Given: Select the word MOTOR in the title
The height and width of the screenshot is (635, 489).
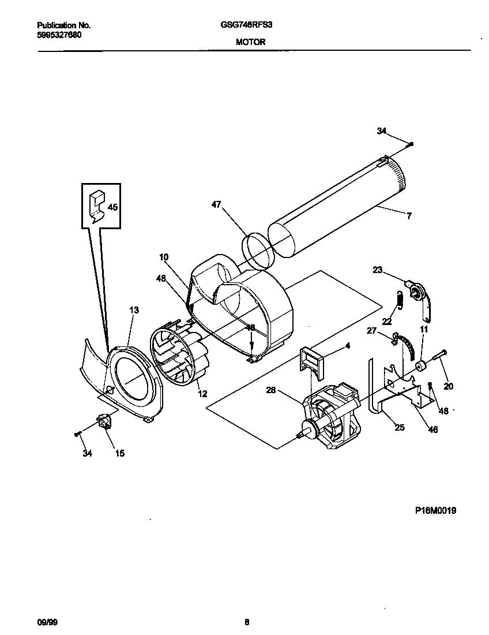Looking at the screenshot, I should point(250,42).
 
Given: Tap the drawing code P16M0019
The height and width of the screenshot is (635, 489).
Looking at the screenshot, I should point(435,510).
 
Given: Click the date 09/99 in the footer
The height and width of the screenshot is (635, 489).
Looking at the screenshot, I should point(46,622).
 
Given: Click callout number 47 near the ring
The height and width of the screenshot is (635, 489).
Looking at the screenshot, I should point(216,204).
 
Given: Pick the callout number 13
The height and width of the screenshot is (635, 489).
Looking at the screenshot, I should point(134,310).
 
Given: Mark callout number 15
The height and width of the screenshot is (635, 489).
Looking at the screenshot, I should point(119,453).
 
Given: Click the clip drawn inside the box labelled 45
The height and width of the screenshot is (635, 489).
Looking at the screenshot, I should point(96,205).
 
